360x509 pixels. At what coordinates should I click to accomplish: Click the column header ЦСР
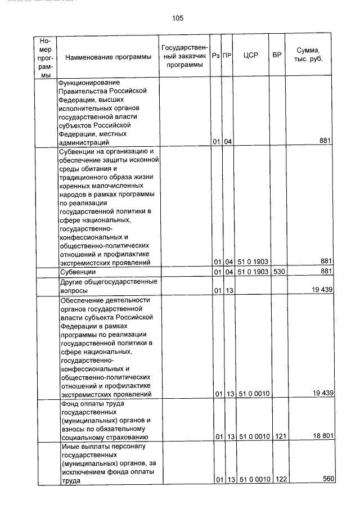point(251,56)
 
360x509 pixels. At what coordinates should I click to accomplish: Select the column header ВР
point(276,56)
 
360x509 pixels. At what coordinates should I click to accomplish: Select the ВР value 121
point(277,436)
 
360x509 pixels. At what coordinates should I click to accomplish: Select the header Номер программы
point(46,58)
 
